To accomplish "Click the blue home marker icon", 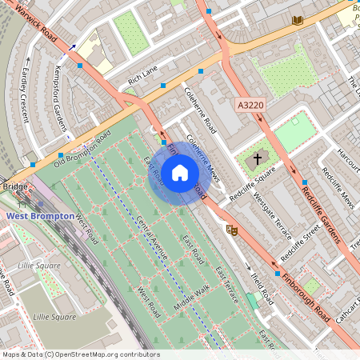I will tap(180, 172).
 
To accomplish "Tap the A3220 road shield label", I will tap(250, 105).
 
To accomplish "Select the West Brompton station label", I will tap(41, 216).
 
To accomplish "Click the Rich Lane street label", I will tap(143, 75).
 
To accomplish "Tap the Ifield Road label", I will tap(262, 288).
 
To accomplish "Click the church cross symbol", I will tap(258, 159).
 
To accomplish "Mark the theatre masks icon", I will tap(233, 230).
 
